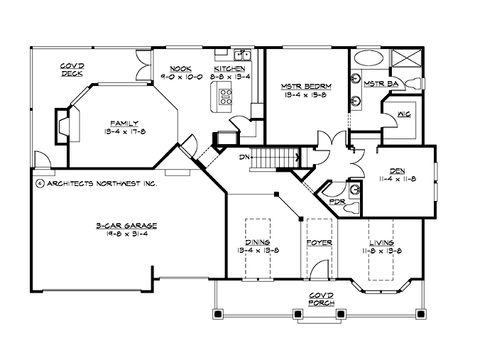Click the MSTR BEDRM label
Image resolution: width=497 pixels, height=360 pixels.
(x=306, y=86)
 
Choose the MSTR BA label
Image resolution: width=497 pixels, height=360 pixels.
(x=376, y=83)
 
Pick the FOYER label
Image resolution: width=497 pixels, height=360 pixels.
(x=319, y=243)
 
